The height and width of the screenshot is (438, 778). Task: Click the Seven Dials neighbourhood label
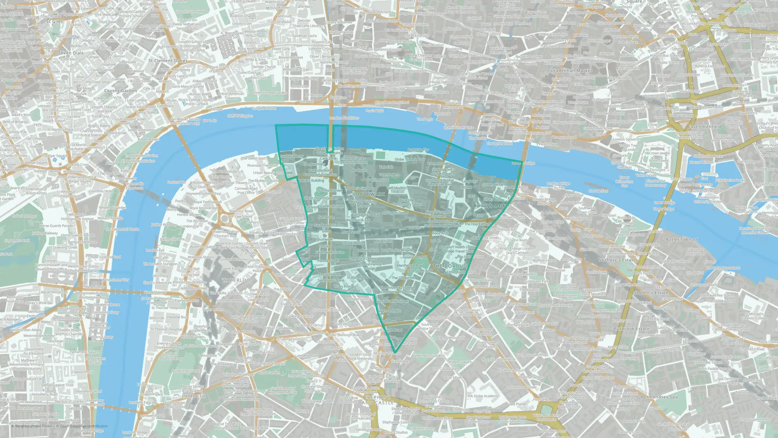pyautogui.click(x=70, y=53)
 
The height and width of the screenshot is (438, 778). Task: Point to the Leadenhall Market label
pyautogui.click(x=571, y=70)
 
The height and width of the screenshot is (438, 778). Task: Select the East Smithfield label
pyautogui.click(x=704, y=127)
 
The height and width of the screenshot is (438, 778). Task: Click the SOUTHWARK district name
pyautogui.click(x=368, y=194)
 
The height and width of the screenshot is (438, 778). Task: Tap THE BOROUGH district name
pyautogui.click(x=451, y=266)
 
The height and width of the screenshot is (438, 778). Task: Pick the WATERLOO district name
pyautogui.click(x=236, y=280)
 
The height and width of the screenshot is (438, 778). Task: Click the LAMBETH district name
pyautogui.click(x=193, y=396)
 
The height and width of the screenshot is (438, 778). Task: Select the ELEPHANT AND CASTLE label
pyautogui.click(x=378, y=400)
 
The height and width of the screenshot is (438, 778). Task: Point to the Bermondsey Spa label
pyautogui.click(x=659, y=397)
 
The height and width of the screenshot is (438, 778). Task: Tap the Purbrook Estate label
pyautogui.click(x=631, y=329)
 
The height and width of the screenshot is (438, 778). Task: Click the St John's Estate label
pyautogui.click(x=651, y=292)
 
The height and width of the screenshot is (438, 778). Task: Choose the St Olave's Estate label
pyautogui.click(x=617, y=260)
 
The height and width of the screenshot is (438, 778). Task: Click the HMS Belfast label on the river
pyautogui.click(x=598, y=191)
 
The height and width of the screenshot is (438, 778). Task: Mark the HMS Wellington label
pyautogui.click(x=240, y=116)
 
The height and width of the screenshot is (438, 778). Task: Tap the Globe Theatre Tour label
pyautogui.click(x=410, y=159)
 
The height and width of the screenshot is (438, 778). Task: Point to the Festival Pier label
pyautogui.click(x=177, y=182)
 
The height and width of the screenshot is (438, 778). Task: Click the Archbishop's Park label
pyautogui.click(x=186, y=371)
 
